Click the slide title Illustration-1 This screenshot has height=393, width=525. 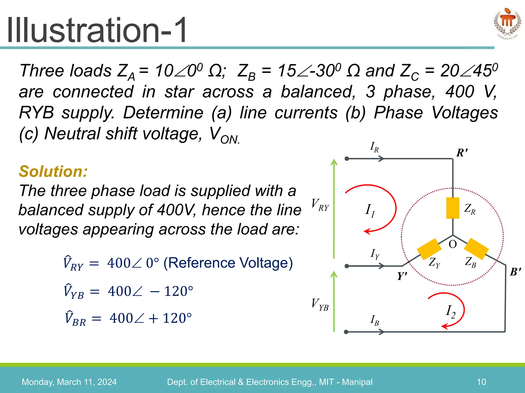(x=97, y=30)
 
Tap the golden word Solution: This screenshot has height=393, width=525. (x=53, y=171)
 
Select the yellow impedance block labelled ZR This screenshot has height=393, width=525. (x=453, y=208)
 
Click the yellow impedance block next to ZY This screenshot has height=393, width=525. (x=429, y=249)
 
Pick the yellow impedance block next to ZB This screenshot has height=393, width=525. (x=476, y=249)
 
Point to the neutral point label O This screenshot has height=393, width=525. (x=453, y=244)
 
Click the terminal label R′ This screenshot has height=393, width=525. (x=462, y=153)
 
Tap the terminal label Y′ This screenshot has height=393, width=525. (x=402, y=276)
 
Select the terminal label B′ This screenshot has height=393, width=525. (x=515, y=272)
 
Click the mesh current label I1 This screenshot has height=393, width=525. (x=370, y=211)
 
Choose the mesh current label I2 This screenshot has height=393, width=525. (x=451, y=312)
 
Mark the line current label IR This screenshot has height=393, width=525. (x=374, y=147)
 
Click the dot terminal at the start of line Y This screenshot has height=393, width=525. (x=347, y=266)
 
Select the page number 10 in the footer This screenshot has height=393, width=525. (x=481, y=382)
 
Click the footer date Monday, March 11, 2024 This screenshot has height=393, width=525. (x=69, y=382)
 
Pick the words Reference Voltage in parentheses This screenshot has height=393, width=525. (x=228, y=263)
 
